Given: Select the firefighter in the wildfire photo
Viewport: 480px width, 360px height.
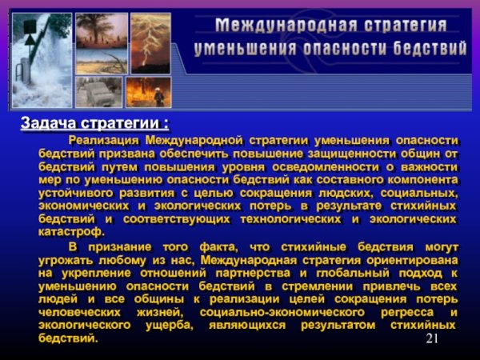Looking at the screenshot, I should [158, 94].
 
